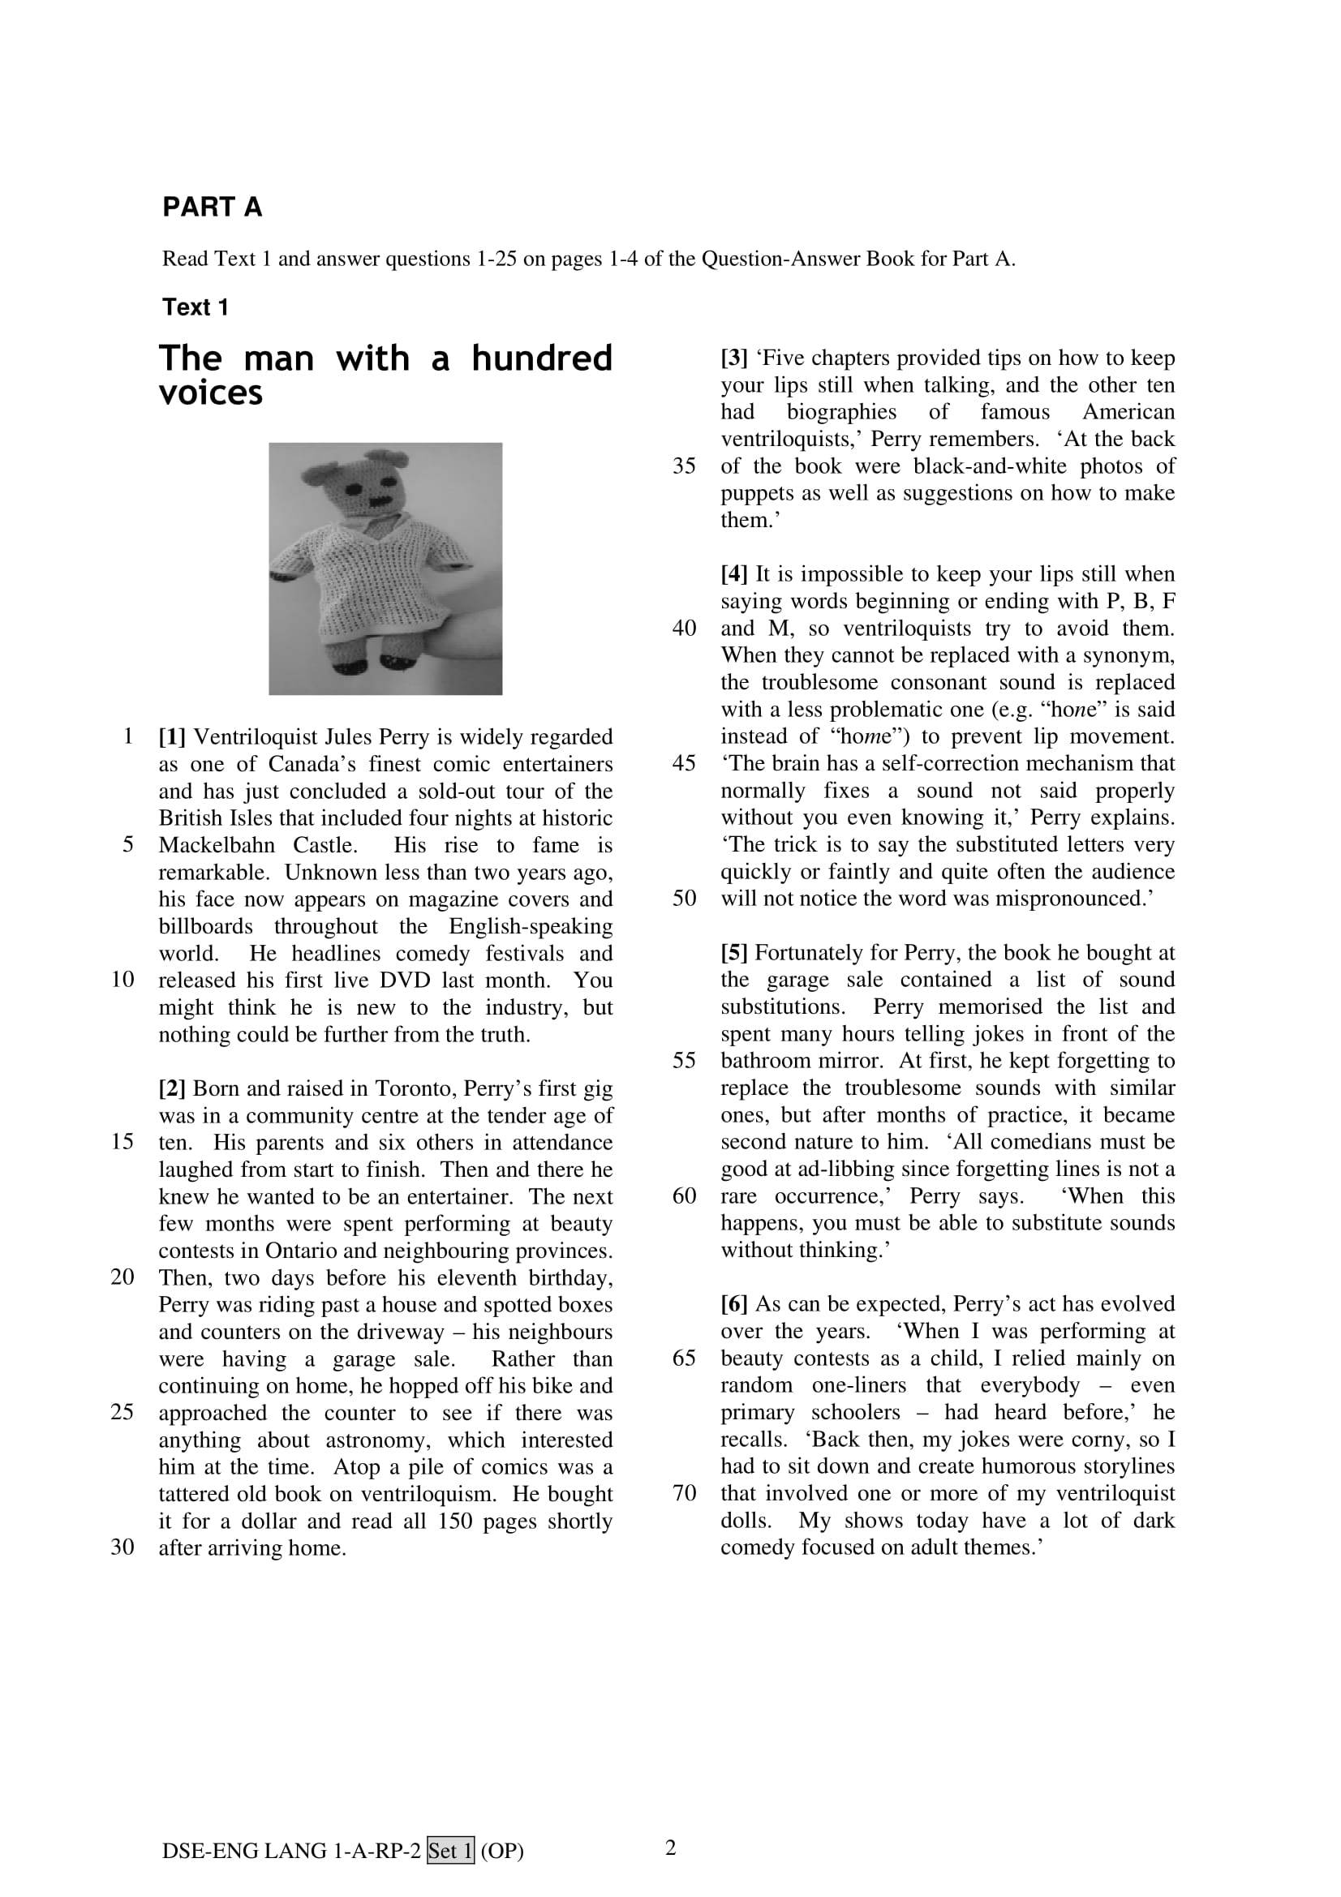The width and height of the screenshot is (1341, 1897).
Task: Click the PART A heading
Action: (213, 208)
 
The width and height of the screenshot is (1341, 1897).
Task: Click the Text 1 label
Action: (195, 307)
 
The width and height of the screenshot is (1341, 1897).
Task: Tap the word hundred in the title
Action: (542, 358)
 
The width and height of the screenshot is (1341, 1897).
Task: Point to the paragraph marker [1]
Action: (172, 737)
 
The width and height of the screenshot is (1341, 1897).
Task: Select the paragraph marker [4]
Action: (733, 574)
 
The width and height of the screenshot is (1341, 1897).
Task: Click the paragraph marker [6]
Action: (733, 1304)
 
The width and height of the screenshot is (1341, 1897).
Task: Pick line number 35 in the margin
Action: (684, 466)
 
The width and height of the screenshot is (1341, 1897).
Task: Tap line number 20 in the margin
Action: (122, 1277)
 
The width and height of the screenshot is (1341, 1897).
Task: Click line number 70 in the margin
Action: (684, 1493)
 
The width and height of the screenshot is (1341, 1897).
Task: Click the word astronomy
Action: (376, 1440)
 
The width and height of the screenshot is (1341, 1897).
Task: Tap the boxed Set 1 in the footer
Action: (450, 1852)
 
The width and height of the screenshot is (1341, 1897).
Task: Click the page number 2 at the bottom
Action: (670, 1848)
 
